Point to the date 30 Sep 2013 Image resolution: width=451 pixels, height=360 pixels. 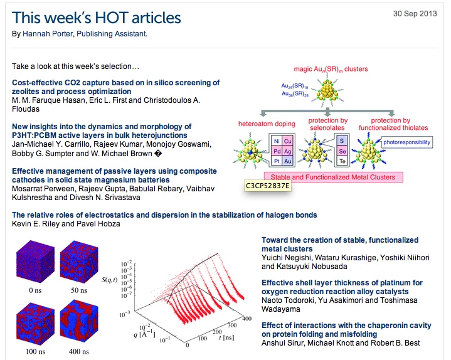[x=415, y=14]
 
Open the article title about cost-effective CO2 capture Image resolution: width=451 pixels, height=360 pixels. [x=115, y=87]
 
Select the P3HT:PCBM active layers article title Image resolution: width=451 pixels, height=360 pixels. [x=102, y=131]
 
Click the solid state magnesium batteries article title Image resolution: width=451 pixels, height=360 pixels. [x=114, y=176]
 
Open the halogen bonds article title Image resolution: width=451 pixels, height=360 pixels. [x=164, y=215]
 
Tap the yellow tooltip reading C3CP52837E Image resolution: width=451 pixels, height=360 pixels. [x=267, y=186]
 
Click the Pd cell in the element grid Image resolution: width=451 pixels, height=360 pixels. [x=277, y=151]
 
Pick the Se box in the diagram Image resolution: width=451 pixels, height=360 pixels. [x=342, y=151]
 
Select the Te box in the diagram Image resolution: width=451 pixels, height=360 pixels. [x=342, y=161]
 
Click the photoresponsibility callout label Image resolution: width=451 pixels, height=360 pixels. [x=406, y=142]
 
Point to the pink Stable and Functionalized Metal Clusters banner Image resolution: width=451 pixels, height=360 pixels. [x=333, y=177]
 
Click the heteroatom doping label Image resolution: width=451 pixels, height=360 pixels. [x=267, y=124]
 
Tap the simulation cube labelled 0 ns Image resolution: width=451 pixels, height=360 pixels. [x=35, y=263]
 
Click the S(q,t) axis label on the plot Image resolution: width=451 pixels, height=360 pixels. [x=109, y=280]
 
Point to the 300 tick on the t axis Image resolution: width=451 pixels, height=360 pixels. [x=232, y=325]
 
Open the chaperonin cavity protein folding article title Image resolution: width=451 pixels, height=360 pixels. [x=346, y=330]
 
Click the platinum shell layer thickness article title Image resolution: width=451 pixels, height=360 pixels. [x=342, y=287]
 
